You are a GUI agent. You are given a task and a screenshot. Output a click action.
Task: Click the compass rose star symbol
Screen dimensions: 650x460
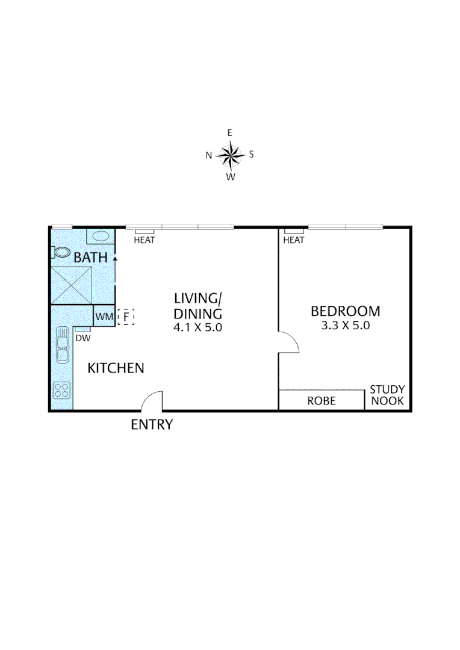pos(230,155)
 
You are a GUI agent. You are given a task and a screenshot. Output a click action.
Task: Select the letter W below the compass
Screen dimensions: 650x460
pos(230,176)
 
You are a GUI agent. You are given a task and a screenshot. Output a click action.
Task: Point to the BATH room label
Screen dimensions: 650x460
pos(90,258)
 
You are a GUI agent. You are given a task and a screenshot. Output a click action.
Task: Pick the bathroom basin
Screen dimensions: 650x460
pos(100,235)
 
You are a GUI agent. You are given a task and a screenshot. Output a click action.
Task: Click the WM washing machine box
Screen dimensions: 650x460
pos(103,316)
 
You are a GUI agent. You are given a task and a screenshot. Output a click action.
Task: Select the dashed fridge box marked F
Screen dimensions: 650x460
pos(126,316)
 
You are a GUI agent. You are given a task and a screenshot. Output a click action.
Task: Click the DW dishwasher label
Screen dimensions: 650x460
pos(82,338)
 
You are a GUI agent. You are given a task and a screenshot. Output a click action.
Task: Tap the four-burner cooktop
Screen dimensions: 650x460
pos(61,390)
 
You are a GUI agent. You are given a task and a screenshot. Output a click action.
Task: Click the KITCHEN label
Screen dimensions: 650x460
pos(116,368)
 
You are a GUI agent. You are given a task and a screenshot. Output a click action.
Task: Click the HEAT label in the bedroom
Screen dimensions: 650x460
pos(293,240)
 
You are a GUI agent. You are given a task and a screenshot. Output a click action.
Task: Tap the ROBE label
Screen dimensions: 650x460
pos(322,401)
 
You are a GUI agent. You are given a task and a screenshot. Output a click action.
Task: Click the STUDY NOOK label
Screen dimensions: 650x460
pos(387,395)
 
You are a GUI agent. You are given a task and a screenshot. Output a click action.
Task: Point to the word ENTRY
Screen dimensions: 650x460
pos(152,424)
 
